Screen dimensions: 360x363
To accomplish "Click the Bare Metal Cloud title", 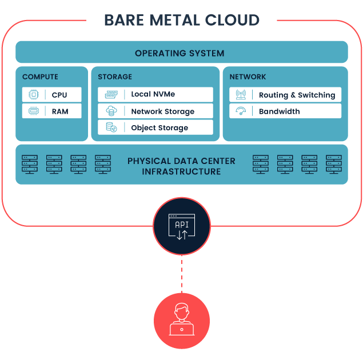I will pyautogui.click(x=181, y=21).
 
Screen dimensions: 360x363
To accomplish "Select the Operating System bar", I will pyautogui.click(x=181, y=53).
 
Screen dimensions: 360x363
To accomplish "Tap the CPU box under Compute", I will pyautogui.click(x=52, y=95).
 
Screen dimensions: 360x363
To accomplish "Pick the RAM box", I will pyautogui.click(x=52, y=111).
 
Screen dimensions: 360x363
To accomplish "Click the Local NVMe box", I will pyautogui.click(x=155, y=95).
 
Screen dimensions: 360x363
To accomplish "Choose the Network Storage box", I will pyautogui.click(x=155, y=111).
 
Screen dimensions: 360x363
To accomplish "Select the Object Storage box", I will pyautogui.click(x=155, y=127).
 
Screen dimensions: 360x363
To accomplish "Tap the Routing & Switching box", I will pyautogui.click(x=285, y=95).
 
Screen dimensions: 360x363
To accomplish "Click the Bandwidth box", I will pyautogui.click(x=285, y=111).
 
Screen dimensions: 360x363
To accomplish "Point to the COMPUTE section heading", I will pyautogui.click(x=40, y=77).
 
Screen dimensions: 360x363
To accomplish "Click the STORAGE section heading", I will pyautogui.click(x=115, y=77).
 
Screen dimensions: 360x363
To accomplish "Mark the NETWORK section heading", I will pyautogui.click(x=248, y=77).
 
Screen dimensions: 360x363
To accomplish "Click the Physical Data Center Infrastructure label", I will pyautogui.click(x=181, y=166).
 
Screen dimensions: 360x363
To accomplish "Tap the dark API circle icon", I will pyautogui.click(x=182, y=226).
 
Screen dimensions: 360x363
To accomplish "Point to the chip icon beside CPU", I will pyautogui.click(x=34, y=95).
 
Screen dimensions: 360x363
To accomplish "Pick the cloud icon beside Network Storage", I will pyautogui.click(x=110, y=111).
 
